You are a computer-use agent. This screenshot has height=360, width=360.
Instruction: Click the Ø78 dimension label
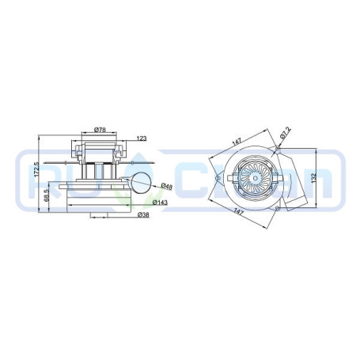(x=100, y=129)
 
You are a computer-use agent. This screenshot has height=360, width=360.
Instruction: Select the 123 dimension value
(x=142, y=139)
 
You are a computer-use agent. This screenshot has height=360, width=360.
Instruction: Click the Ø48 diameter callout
(x=167, y=187)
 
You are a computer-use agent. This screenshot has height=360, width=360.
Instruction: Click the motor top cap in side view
(x=100, y=145)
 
